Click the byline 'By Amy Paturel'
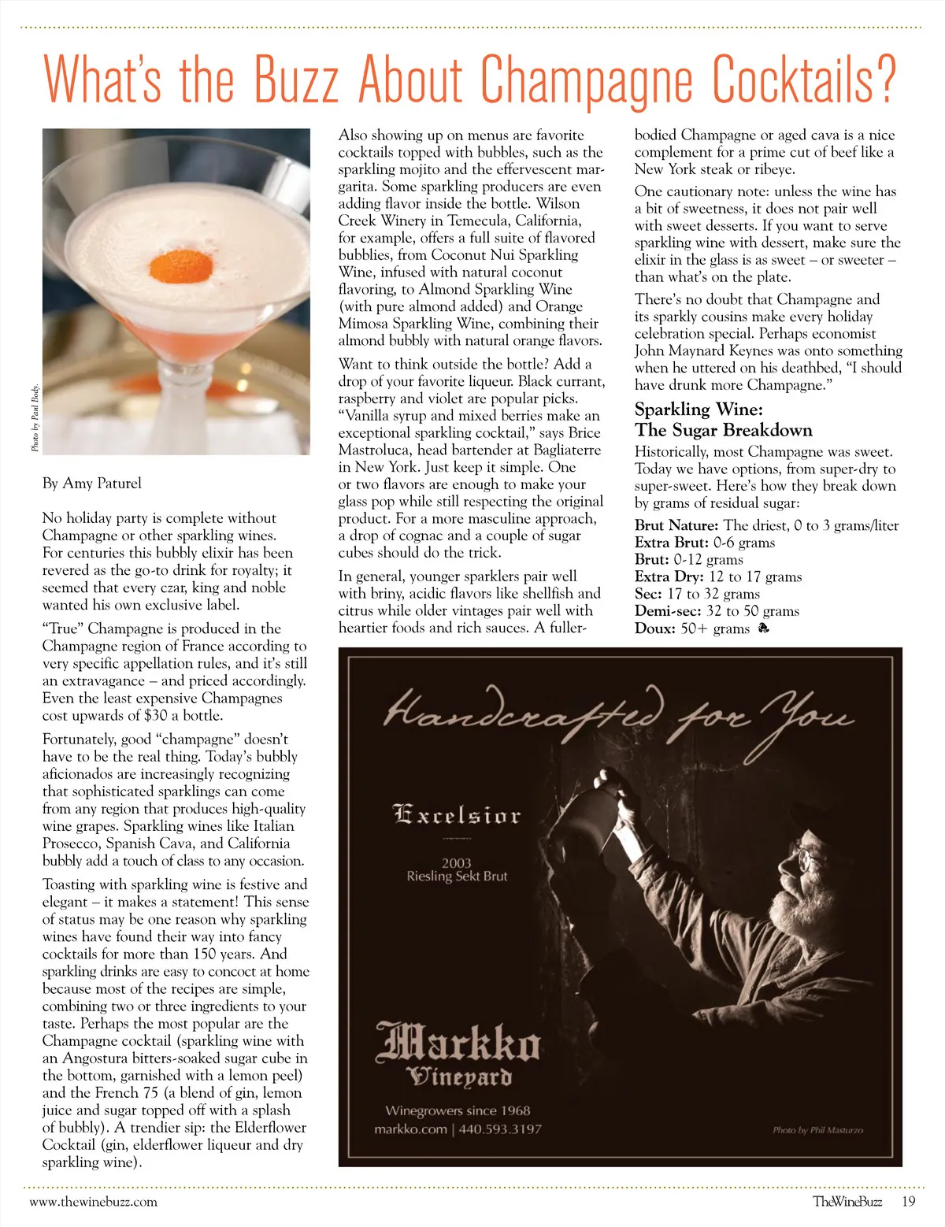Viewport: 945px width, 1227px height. point(92,483)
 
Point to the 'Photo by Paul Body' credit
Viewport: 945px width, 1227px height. point(35,418)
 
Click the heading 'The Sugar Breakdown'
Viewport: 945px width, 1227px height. point(724,430)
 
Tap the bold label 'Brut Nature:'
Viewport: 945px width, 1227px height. point(676,525)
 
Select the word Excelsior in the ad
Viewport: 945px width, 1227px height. point(457,814)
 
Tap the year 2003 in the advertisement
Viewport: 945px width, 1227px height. point(456,862)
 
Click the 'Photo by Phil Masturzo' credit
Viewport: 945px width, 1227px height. point(817,1130)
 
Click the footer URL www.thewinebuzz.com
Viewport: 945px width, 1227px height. point(93,1202)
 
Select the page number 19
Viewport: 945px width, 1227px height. point(909,1202)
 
